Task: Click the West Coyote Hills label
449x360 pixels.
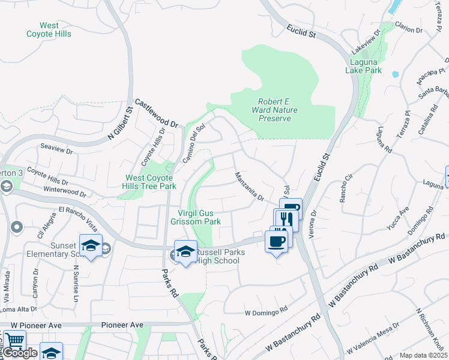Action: click(x=49, y=29)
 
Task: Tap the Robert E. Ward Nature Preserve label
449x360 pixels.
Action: click(x=274, y=110)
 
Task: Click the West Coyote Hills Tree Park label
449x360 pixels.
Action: click(x=151, y=182)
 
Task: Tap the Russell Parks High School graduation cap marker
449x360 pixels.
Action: click(x=185, y=250)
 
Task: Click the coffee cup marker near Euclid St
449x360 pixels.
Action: click(x=276, y=241)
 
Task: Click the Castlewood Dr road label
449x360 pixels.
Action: click(x=157, y=113)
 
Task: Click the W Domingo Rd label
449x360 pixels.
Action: click(x=266, y=313)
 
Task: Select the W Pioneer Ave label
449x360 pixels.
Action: click(x=36, y=325)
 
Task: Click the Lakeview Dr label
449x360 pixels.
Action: click(x=367, y=39)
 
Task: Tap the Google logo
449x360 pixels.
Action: click(x=20, y=353)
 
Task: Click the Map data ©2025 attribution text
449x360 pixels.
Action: click(x=423, y=355)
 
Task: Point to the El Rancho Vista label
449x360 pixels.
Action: click(x=78, y=216)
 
